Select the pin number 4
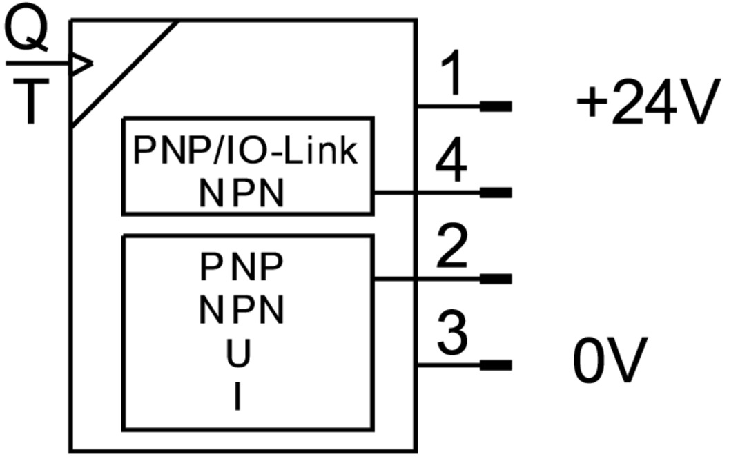pyautogui.click(x=451, y=164)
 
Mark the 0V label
pyautogui.click(x=610, y=360)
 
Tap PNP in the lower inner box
pyautogui.click(x=242, y=267)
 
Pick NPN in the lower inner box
pyautogui.click(x=242, y=311)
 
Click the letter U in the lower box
pyautogui.click(x=239, y=354)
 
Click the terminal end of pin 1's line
pyautogui.click(x=496, y=106)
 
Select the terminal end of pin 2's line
pyautogui.click(x=496, y=279)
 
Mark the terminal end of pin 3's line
pyautogui.click(x=496, y=365)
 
